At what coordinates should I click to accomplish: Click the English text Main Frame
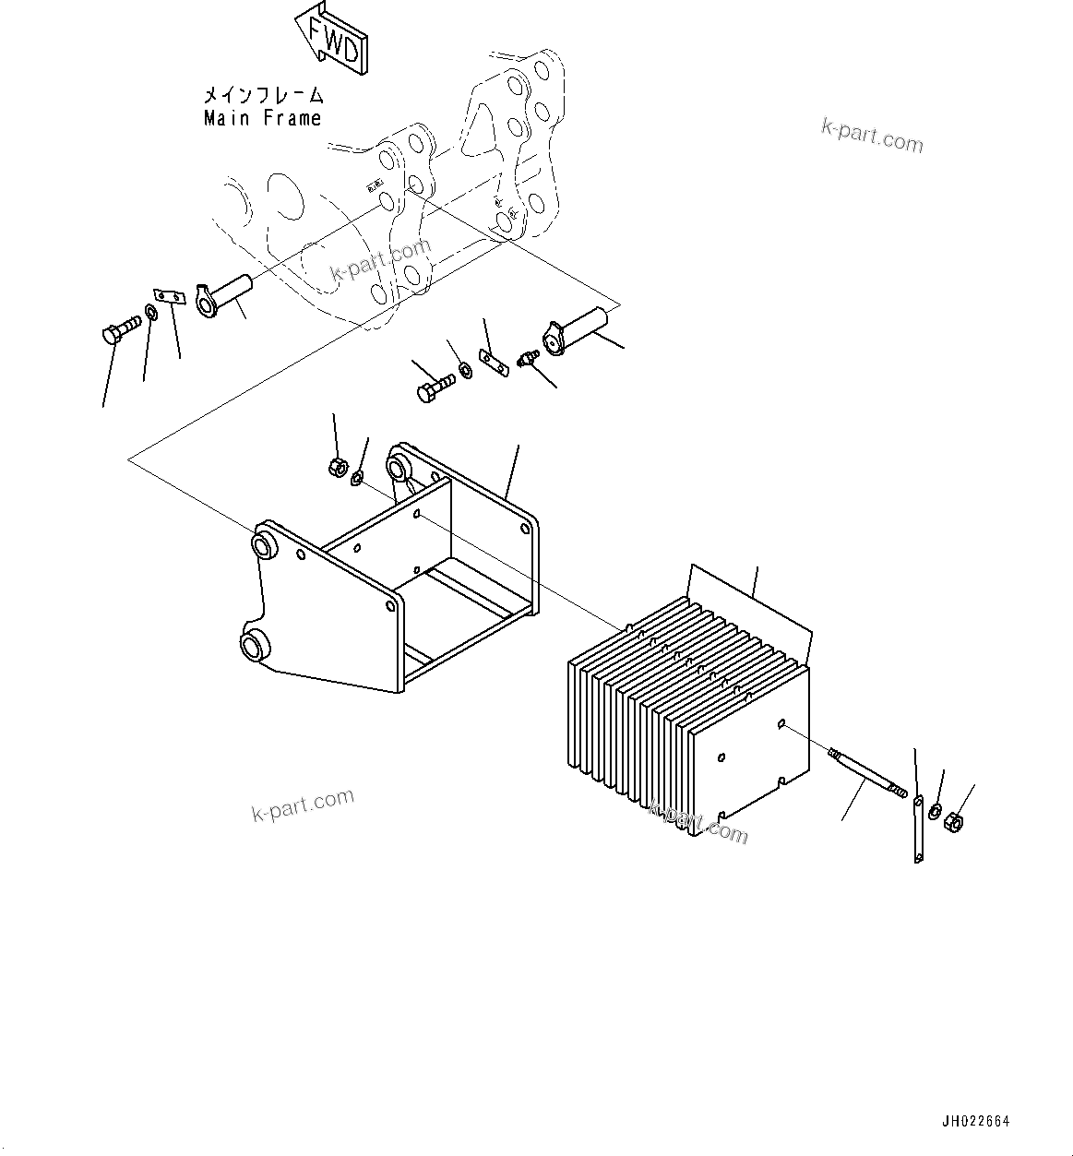262,118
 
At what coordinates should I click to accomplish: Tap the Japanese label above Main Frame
263,94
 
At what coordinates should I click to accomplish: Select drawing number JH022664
976,1122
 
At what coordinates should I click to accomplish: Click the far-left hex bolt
117,329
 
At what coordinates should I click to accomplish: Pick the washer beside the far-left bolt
151,309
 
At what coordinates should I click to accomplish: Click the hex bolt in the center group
435,386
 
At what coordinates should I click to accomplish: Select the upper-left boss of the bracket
266,542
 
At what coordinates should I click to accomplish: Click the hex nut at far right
956,818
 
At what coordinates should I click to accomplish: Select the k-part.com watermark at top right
871,137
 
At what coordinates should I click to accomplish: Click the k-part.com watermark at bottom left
303,805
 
